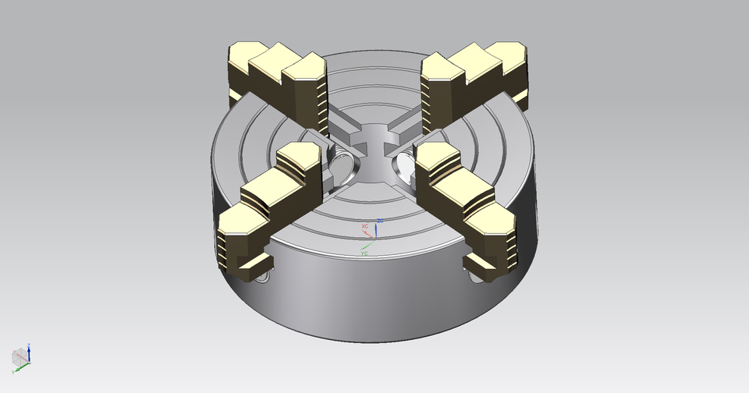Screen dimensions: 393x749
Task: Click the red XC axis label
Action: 364,226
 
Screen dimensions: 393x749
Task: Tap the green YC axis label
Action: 364,253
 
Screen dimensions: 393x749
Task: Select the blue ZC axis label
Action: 380,221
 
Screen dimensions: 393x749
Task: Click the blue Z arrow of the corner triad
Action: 29,348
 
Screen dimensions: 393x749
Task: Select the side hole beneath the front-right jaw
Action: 475,274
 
